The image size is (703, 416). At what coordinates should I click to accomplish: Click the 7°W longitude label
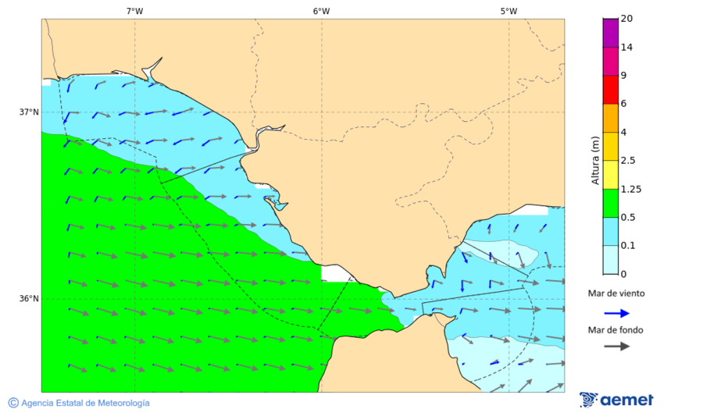[134, 11]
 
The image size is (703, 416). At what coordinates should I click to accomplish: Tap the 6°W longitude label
[321, 11]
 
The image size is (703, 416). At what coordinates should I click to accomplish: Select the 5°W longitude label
[509, 11]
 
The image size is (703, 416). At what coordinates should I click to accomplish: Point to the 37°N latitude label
[29, 112]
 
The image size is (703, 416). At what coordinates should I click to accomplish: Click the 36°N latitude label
[29, 298]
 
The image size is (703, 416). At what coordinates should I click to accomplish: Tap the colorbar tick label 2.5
[627, 161]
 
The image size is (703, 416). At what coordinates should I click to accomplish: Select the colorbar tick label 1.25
[630, 189]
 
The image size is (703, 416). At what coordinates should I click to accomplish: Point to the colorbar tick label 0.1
[627, 246]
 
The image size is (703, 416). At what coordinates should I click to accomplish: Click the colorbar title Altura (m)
[595, 161]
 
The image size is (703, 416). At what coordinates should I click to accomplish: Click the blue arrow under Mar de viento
[616, 313]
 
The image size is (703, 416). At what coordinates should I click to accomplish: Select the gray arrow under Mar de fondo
[616, 346]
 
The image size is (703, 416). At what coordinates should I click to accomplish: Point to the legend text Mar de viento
[616, 293]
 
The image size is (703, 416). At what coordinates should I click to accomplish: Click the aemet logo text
[626, 400]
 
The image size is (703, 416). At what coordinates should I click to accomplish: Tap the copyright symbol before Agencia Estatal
[13, 403]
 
